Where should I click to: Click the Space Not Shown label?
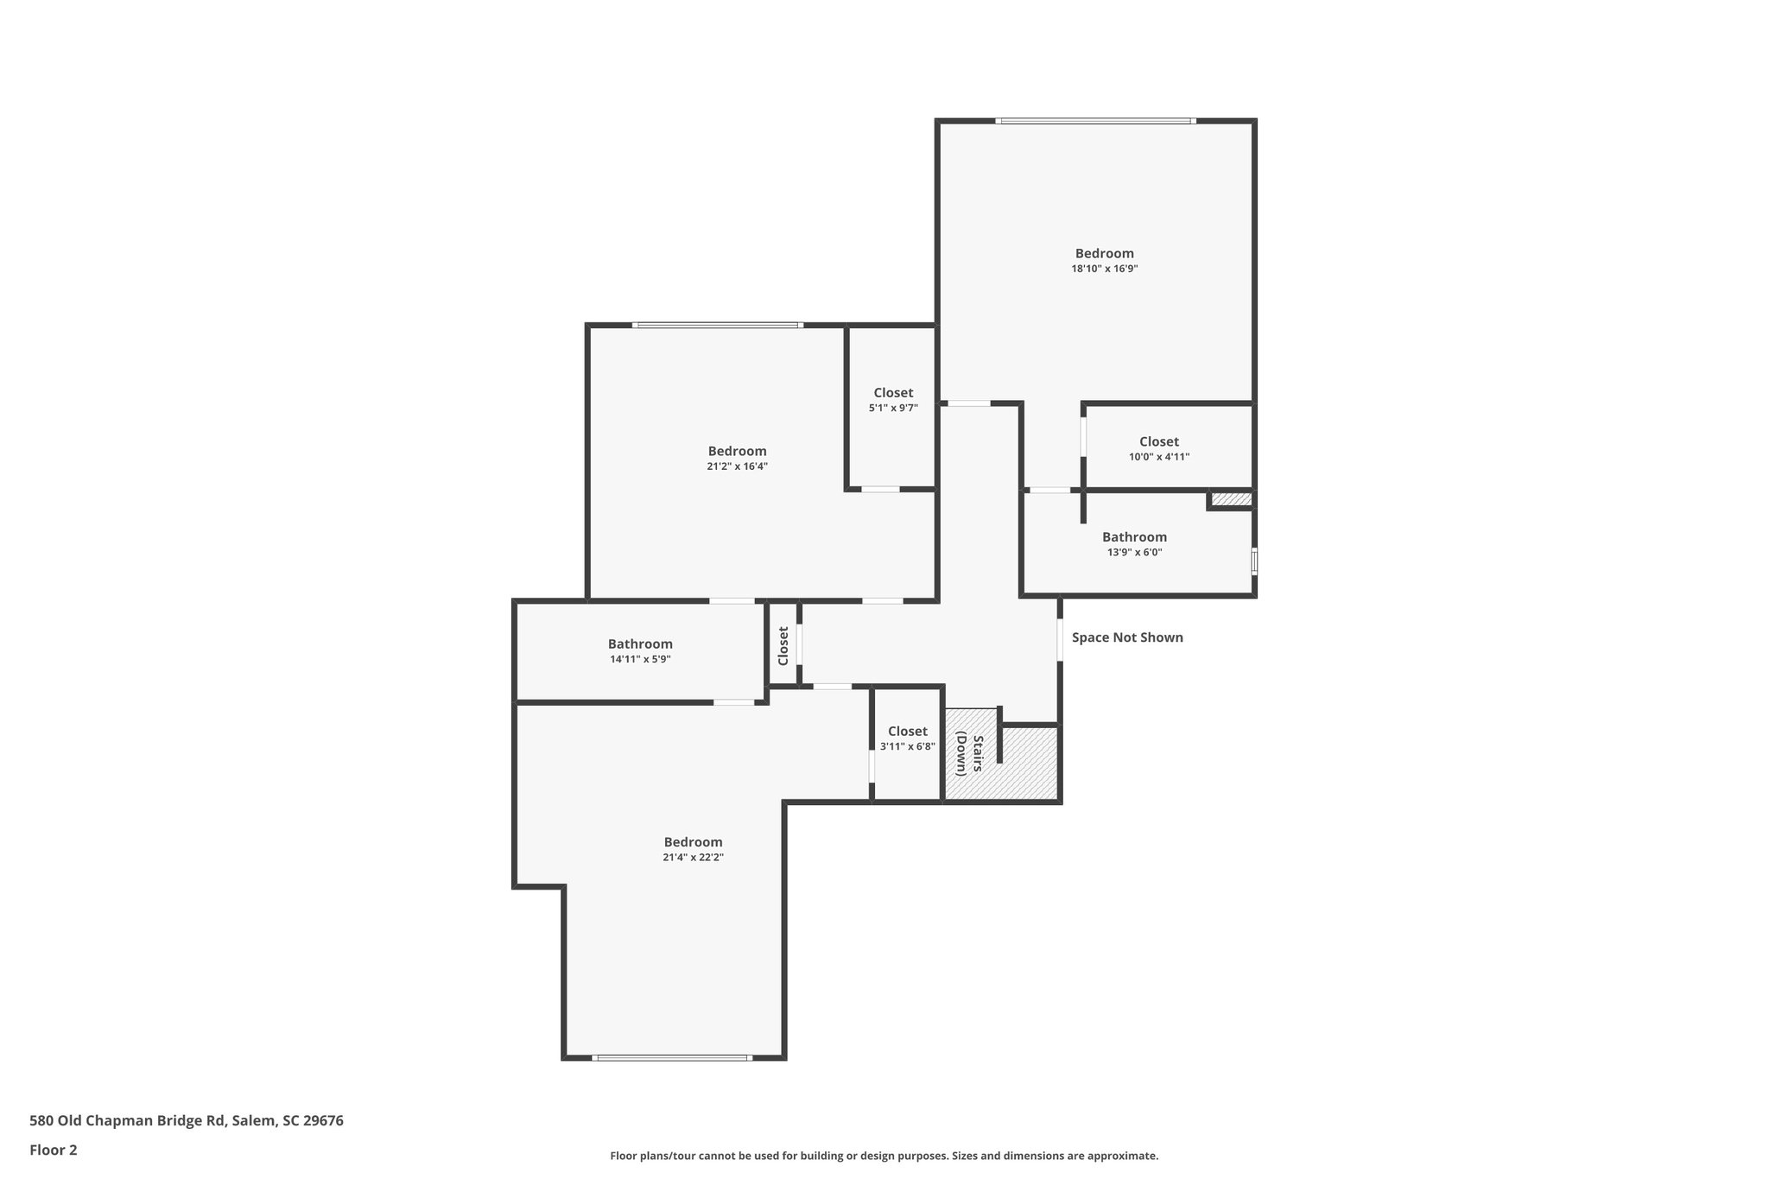1126,637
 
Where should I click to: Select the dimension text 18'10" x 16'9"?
1104,269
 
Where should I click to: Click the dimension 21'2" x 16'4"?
737,466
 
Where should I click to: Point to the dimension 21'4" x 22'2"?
693,858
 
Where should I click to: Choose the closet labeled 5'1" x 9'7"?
892,400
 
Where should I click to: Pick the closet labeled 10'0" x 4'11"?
1158,448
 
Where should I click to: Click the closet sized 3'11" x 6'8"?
907,738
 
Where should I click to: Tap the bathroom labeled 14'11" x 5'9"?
640,651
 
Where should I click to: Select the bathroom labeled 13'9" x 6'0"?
1134,544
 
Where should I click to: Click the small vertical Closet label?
783,645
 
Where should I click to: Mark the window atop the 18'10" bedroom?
1095,121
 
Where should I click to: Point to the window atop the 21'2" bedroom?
717,325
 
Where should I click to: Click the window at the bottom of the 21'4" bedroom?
671,1057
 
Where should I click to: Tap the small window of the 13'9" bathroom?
1254,561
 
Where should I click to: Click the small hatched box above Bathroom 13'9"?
1230,499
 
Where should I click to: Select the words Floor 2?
54,1150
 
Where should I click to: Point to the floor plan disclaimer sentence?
884,1156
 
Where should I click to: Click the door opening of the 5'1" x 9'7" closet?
880,490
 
